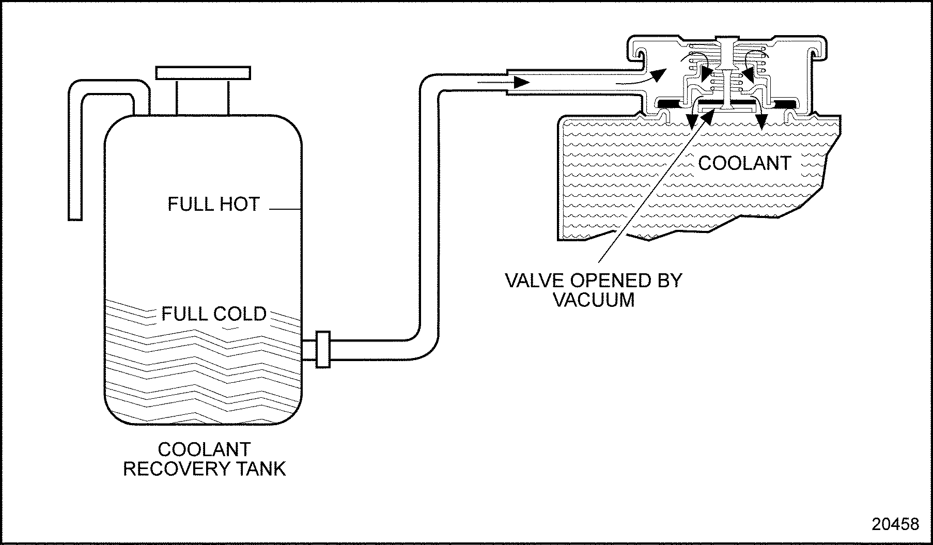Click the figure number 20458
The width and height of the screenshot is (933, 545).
click(x=895, y=524)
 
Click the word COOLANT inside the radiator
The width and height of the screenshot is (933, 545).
click(x=744, y=163)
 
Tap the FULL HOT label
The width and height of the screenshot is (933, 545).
click(x=213, y=204)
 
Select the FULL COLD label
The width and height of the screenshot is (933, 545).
click(x=214, y=314)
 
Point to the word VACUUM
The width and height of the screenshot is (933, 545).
click(x=594, y=300)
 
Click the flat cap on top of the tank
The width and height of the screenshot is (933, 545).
click(x=203, y=73)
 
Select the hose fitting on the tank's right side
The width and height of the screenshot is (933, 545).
click(x=323, y=349)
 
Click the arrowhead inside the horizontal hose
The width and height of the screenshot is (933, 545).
click(x=521, y=82)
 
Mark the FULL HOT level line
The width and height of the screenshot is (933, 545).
click(x=285, y=209)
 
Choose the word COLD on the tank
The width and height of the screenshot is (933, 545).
click(x=241, y=314)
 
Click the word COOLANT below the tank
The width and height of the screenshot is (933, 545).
click(x=204, y=449)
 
